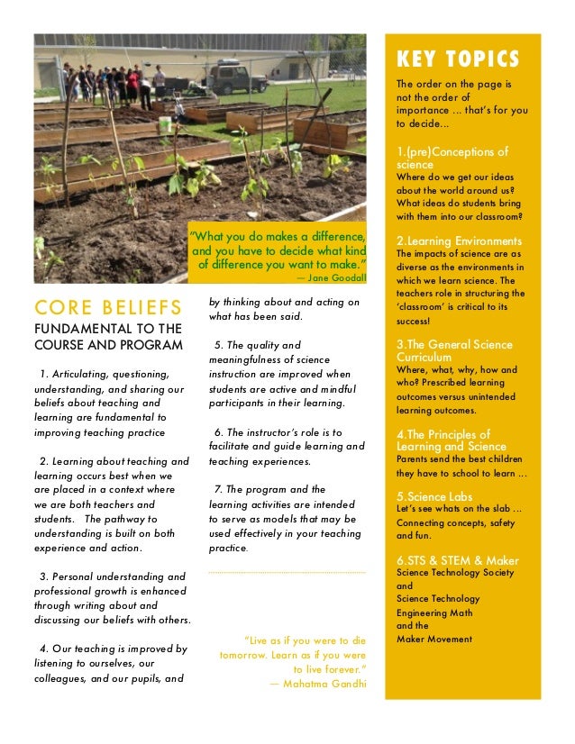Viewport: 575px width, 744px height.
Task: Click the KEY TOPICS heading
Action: pos(458,59)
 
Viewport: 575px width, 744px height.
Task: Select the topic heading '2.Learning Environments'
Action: pos(459,240)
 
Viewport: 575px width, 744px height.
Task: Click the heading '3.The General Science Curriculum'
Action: pos(454,350)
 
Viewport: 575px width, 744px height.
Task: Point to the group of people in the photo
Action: pos(113,84)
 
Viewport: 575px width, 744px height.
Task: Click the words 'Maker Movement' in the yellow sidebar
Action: pos(434,639)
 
